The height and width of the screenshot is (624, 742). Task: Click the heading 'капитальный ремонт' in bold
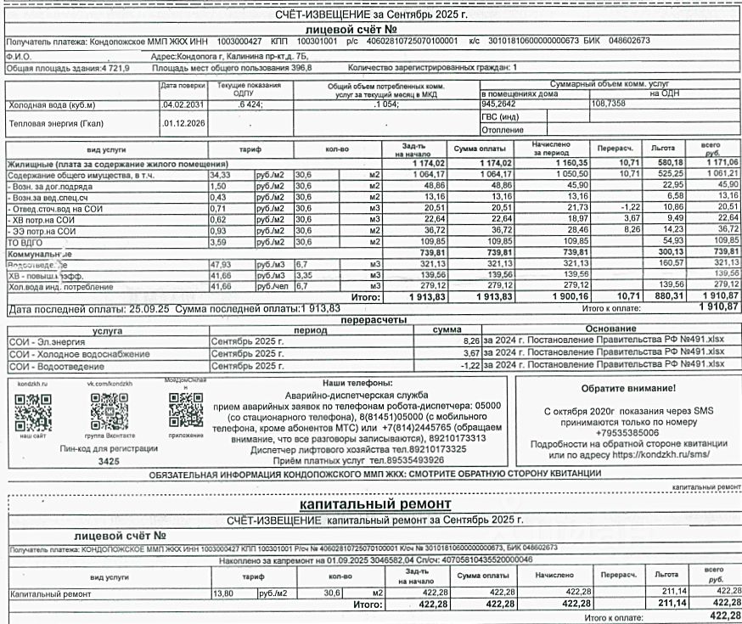coord(372,504)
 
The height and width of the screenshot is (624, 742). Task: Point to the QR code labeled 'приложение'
coord(186,414)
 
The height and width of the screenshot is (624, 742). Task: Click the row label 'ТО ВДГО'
coord(25,240)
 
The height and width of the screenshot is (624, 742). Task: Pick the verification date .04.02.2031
coord(183,104)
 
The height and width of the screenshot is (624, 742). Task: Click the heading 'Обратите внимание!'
coord(628,388)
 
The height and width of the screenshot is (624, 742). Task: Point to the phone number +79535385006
coord(628,432)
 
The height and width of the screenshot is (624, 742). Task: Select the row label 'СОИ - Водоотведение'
coord(57,365)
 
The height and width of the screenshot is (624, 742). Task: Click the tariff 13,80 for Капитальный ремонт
coord(222,593)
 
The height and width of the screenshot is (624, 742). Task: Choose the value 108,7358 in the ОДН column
coord(608,103)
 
